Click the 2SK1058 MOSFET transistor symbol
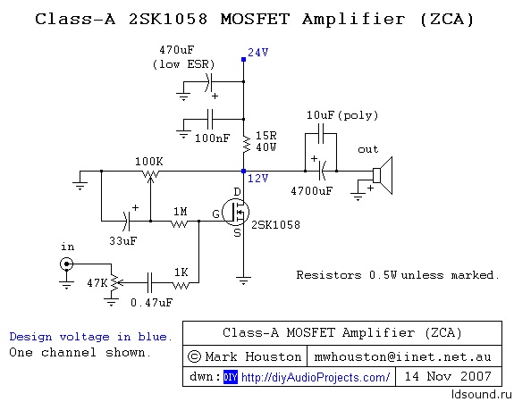[x=235, y=213]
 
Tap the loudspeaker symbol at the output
[x=383, y=176]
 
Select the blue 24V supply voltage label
[x=258, y=53]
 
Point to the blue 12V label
[x=258, y=179]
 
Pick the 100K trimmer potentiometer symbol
[x=150, y=174]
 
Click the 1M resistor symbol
[x=180, y=223]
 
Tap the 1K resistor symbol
[x=181, y=286]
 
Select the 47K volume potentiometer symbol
[x=114, y=282]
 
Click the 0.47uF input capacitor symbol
[x=149, y=282]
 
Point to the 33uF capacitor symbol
[x=127, y=222]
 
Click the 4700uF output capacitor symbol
[x=322, y=171]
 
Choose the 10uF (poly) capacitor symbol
[x=321, y=134]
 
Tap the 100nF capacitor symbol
[x=210, y=119]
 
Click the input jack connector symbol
[x=66, y=264]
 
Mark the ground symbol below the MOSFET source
[x=243, y=281]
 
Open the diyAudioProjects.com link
[x=316, y=377]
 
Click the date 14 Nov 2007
[x=448, y=376]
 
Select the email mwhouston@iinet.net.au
[x=402, y=356]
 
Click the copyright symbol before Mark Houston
[x=194, y=356]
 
